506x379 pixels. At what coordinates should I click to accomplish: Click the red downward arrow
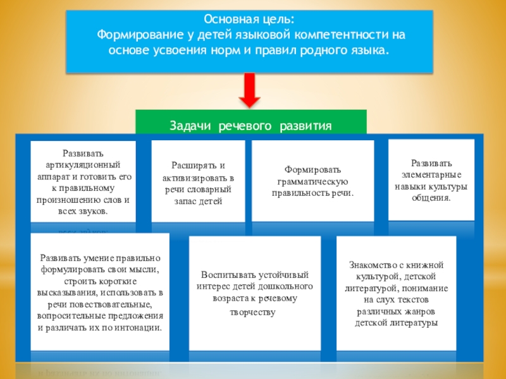click(250, 90)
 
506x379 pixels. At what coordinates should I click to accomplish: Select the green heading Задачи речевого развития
click(250, 126)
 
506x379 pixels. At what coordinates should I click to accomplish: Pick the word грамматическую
click(312, 181)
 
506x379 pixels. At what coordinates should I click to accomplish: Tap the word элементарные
click(431, 175)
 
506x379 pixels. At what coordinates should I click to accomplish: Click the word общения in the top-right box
click(431, 198)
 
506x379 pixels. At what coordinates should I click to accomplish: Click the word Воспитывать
click(230, 275)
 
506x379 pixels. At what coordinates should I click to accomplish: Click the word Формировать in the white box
click(312, 169)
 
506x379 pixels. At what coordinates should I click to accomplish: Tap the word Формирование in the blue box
click(137, 34)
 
